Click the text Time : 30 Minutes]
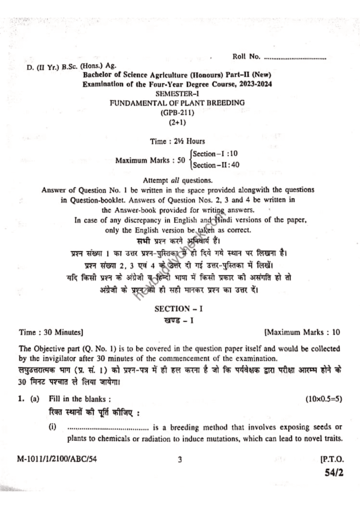[51, 332]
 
